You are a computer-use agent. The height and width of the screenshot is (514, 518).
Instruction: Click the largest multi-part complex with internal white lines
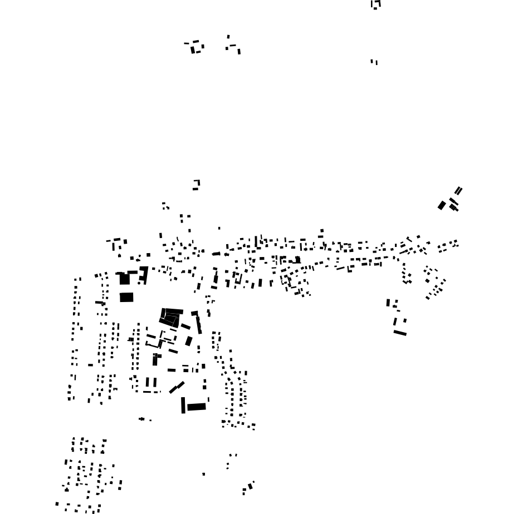click(170, 317)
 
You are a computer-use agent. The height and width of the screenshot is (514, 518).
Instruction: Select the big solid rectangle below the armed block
click(126, 297)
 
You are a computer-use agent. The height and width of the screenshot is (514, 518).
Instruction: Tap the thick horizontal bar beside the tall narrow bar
click(196, 407)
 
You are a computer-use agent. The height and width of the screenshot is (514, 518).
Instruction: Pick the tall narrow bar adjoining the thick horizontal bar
click(183, 405)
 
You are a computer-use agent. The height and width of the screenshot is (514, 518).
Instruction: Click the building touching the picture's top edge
click(375, 4)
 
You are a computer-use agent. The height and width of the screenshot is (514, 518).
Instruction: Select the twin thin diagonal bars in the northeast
click(458, 191)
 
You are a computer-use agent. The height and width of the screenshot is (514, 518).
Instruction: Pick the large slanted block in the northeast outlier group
click(442, 205)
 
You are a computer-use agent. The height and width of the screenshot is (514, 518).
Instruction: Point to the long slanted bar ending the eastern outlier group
click(400, 333)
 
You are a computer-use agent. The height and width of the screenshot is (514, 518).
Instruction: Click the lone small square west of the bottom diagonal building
click(203, 474)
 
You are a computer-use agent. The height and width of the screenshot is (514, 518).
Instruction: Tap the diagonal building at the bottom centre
click(251, 486)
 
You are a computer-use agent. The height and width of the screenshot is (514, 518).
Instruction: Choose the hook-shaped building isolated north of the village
click(196, 185)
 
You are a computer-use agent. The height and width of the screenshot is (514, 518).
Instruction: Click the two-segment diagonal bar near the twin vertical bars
click(177, 387)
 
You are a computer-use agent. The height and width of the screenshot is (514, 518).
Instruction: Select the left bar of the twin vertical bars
click(148, 382)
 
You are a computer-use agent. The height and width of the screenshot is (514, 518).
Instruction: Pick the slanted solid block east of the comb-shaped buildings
click(189, 341)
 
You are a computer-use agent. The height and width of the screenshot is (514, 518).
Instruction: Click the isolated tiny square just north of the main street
click(219, 228)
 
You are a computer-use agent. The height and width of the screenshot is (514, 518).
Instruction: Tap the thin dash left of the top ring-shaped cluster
click(186, 43)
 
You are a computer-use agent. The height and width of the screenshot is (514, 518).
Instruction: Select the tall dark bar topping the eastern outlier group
click(388, 303)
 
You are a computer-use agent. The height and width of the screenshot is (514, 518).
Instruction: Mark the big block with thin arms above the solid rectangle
click(124, 278)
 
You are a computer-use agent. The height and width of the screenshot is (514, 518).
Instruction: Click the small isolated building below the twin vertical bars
click(142, 419)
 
